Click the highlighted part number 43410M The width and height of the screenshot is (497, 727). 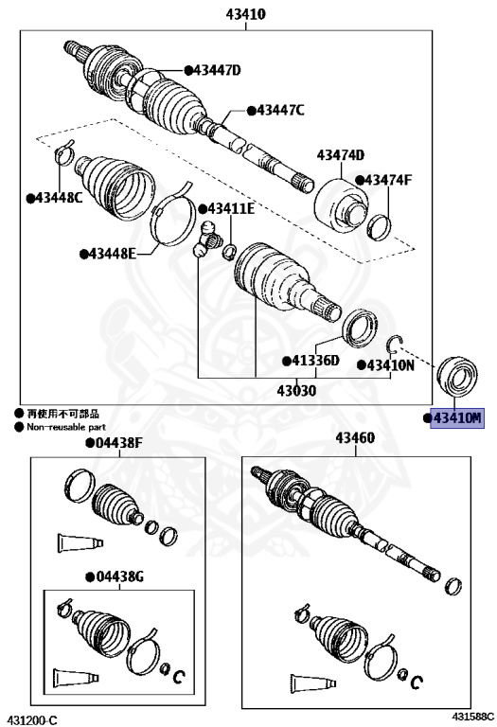pos(457,418)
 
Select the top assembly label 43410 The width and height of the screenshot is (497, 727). pos(246,14)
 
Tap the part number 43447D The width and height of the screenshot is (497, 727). pos(217,70)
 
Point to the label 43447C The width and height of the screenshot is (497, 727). pos(280,111)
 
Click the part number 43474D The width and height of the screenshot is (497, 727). pos(341,155)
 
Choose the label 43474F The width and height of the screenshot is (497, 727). pos(388,180)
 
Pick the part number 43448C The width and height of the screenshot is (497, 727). pos(59,198)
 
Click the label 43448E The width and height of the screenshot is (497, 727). pos(113,254)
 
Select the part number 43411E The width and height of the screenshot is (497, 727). pos(231,208)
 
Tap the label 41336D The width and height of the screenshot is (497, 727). pos(315,361)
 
